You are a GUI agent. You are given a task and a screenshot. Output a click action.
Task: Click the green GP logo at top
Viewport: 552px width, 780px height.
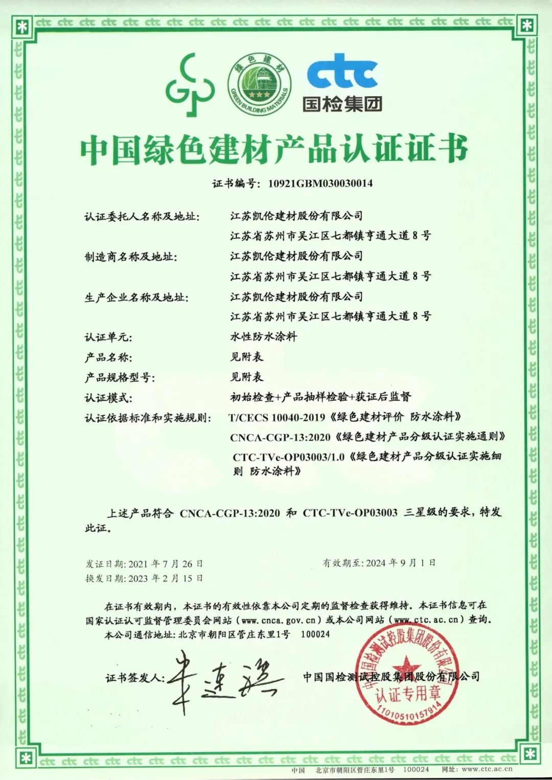[x=189, y=85]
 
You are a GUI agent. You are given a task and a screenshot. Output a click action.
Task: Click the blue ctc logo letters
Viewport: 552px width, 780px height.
[x=342, y=71]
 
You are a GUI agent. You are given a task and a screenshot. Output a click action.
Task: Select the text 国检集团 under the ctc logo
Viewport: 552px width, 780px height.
[x=342, y=104]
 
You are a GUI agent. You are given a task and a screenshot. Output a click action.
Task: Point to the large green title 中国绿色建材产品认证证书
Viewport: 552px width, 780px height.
[x=274, y=150]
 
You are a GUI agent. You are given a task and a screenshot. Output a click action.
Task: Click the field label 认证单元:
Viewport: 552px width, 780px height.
[x=108, y=337]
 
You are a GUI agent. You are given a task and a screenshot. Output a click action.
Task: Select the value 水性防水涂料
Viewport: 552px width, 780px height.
[x=263, y=337]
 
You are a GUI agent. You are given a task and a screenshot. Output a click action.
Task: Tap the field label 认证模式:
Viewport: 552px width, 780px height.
[x=108, y=398]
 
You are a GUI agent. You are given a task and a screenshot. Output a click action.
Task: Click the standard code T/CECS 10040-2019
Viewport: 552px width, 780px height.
[x=277, y=417]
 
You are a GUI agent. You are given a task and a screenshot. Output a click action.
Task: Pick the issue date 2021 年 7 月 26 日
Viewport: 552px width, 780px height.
[x=166, y=564]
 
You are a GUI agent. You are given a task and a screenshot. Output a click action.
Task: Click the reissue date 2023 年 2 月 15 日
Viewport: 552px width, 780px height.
[x=166, y=578]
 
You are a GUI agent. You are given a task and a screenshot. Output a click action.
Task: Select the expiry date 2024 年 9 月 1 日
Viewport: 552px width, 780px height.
[x=401, y=563]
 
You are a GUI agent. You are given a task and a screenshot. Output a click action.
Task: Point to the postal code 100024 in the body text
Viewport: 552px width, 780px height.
[x=315, y=634]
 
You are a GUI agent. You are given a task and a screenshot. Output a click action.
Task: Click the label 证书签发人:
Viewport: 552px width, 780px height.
[x=135, y=678]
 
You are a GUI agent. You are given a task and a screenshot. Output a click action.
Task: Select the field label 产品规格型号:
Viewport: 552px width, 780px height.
[x=119, y=378]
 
